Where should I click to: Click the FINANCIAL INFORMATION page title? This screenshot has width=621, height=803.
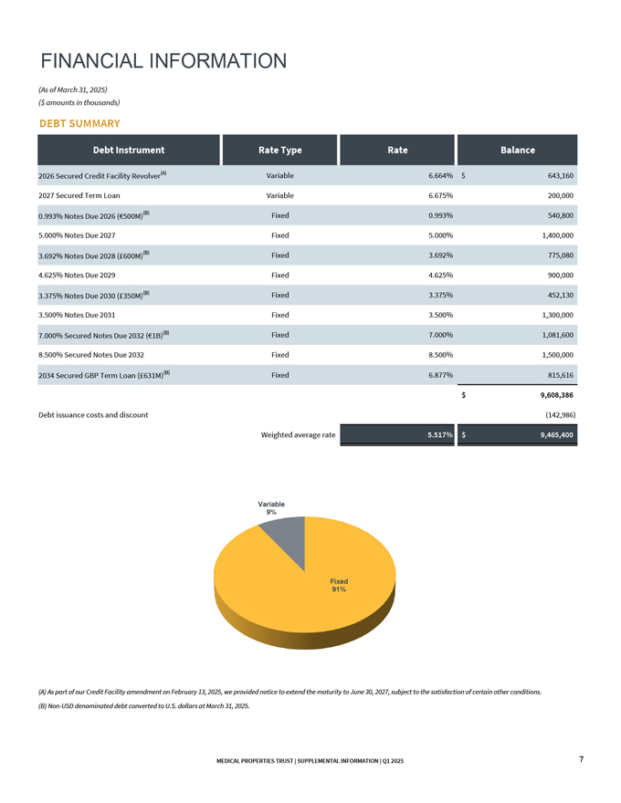(x=164, y=61)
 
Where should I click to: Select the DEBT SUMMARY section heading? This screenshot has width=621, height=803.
(x=79, y=123)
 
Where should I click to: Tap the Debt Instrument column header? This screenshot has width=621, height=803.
(x=128, y=150)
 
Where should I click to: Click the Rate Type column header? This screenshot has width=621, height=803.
(x=279, y=150)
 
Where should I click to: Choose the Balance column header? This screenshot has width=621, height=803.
(x=517, y=150)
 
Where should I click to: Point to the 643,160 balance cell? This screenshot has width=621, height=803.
(x=555, y=175)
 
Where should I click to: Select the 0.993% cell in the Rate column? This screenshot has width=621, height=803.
(x=440, y=215)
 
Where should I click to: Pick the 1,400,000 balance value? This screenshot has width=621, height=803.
(x=551, y=235)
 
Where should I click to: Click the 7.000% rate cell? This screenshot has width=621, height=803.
(x=440, y=335)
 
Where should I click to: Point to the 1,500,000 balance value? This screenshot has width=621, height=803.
(x=551, y=354)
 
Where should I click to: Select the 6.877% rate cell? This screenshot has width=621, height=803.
(x=440, y=375)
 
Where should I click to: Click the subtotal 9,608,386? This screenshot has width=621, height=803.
(x=551, y=395)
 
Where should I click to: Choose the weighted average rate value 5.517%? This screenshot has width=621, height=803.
(x=440, y=435)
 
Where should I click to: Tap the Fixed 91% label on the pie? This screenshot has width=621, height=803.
(x=339, y=585)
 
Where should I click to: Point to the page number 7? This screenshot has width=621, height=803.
(x=581, y=760)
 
